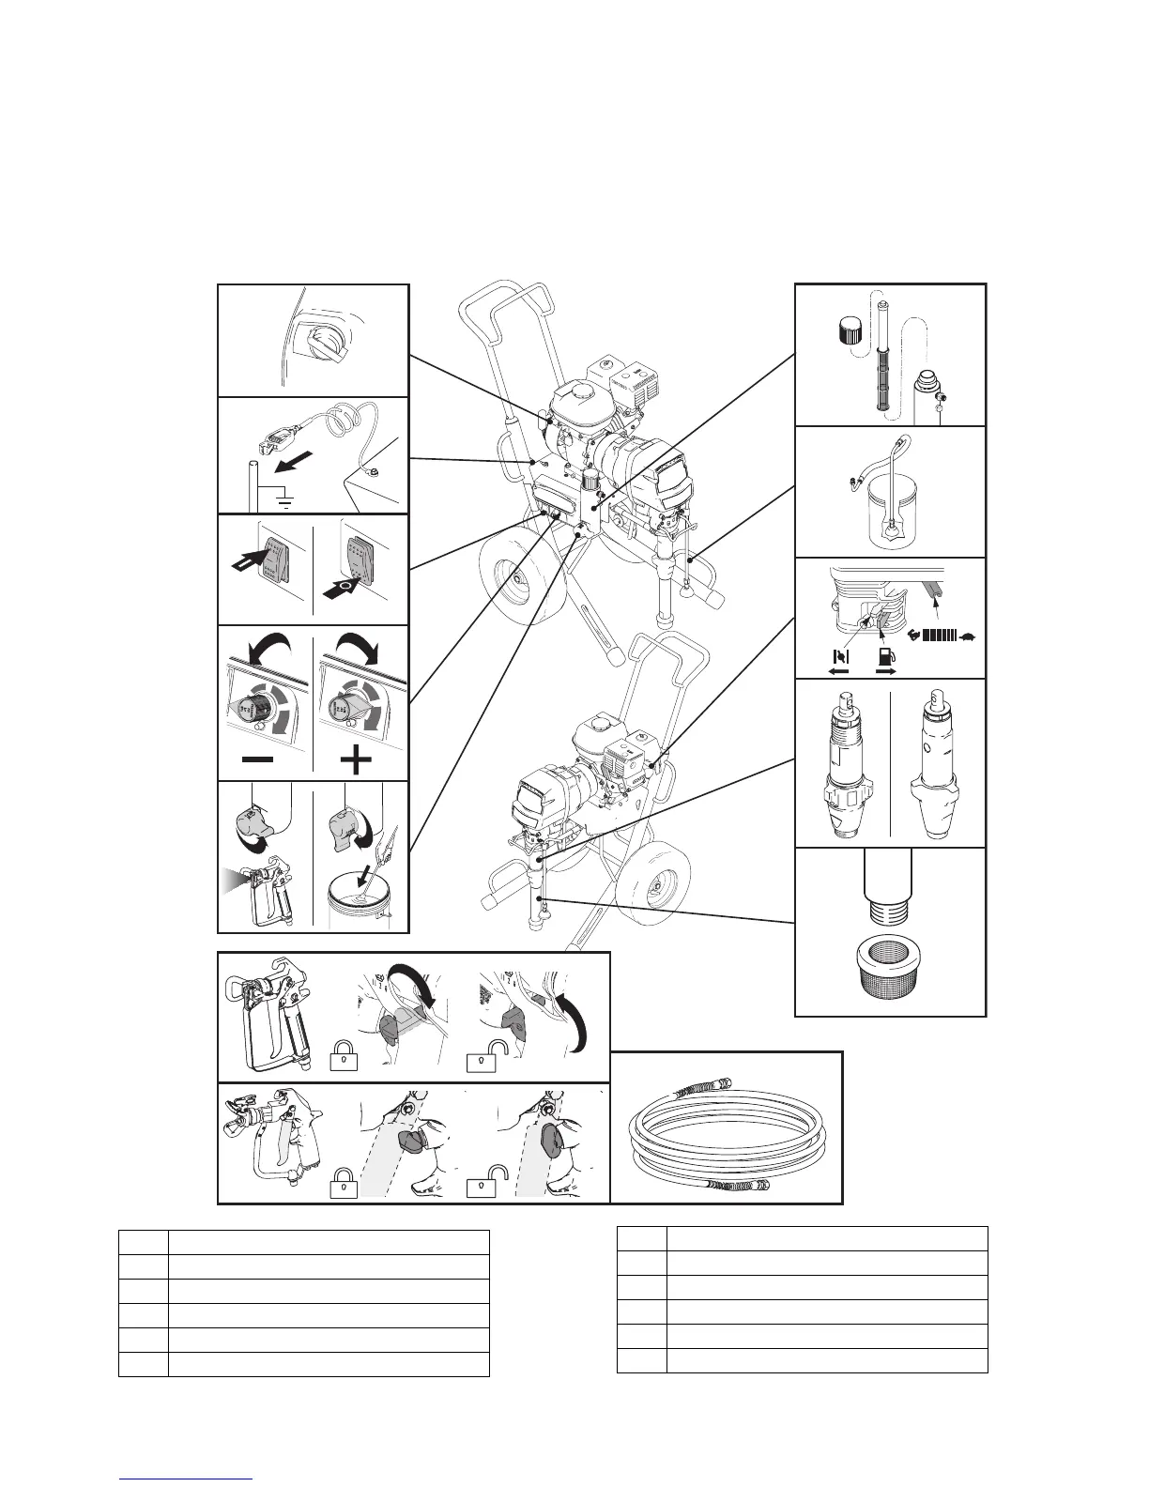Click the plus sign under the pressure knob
(x=354, y=759)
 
